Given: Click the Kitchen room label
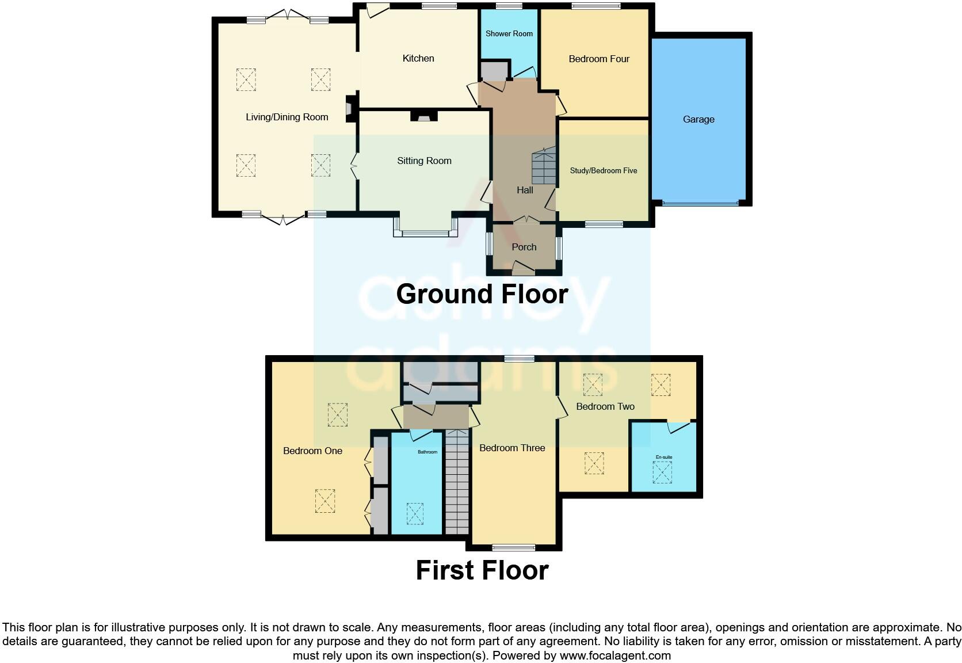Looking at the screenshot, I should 418,58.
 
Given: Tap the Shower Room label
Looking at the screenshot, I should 509,33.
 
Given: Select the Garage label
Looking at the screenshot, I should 698,119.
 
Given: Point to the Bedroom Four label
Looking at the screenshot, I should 599,59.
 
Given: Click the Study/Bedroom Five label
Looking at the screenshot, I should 603,170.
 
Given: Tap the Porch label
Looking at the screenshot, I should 524,247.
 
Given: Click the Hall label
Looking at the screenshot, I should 524,190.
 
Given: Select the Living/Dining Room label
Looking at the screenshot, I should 287,117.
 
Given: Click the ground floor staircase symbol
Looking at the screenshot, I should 544,166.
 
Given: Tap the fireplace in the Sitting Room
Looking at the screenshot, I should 423,116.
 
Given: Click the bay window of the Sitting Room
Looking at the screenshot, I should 425,233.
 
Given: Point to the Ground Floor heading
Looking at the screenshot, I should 482,294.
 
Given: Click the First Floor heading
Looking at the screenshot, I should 482,570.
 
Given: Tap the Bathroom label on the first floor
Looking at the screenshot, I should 427,452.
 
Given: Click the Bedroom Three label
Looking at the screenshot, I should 512,448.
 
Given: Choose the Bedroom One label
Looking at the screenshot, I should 312,451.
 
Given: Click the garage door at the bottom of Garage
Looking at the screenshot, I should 700,203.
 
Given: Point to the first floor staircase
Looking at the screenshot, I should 457,483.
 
